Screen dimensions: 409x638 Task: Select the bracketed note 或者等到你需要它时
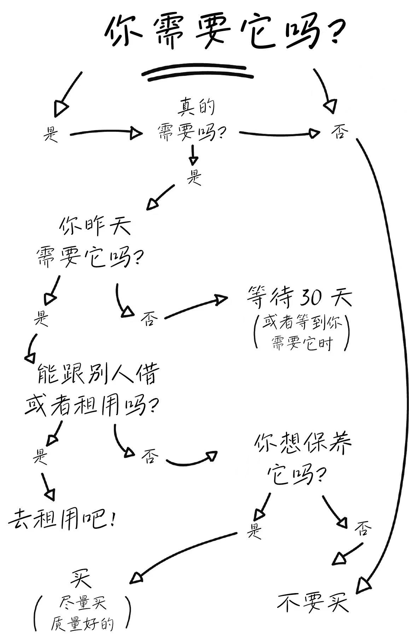(x=302, y=333)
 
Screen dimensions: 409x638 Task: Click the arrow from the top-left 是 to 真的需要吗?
(x=106, y=133)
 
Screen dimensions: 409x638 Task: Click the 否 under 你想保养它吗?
(x=363, y=529)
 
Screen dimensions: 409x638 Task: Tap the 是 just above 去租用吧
(x=40, y=456)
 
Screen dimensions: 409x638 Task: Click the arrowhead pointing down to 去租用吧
(x=50, y=494)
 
